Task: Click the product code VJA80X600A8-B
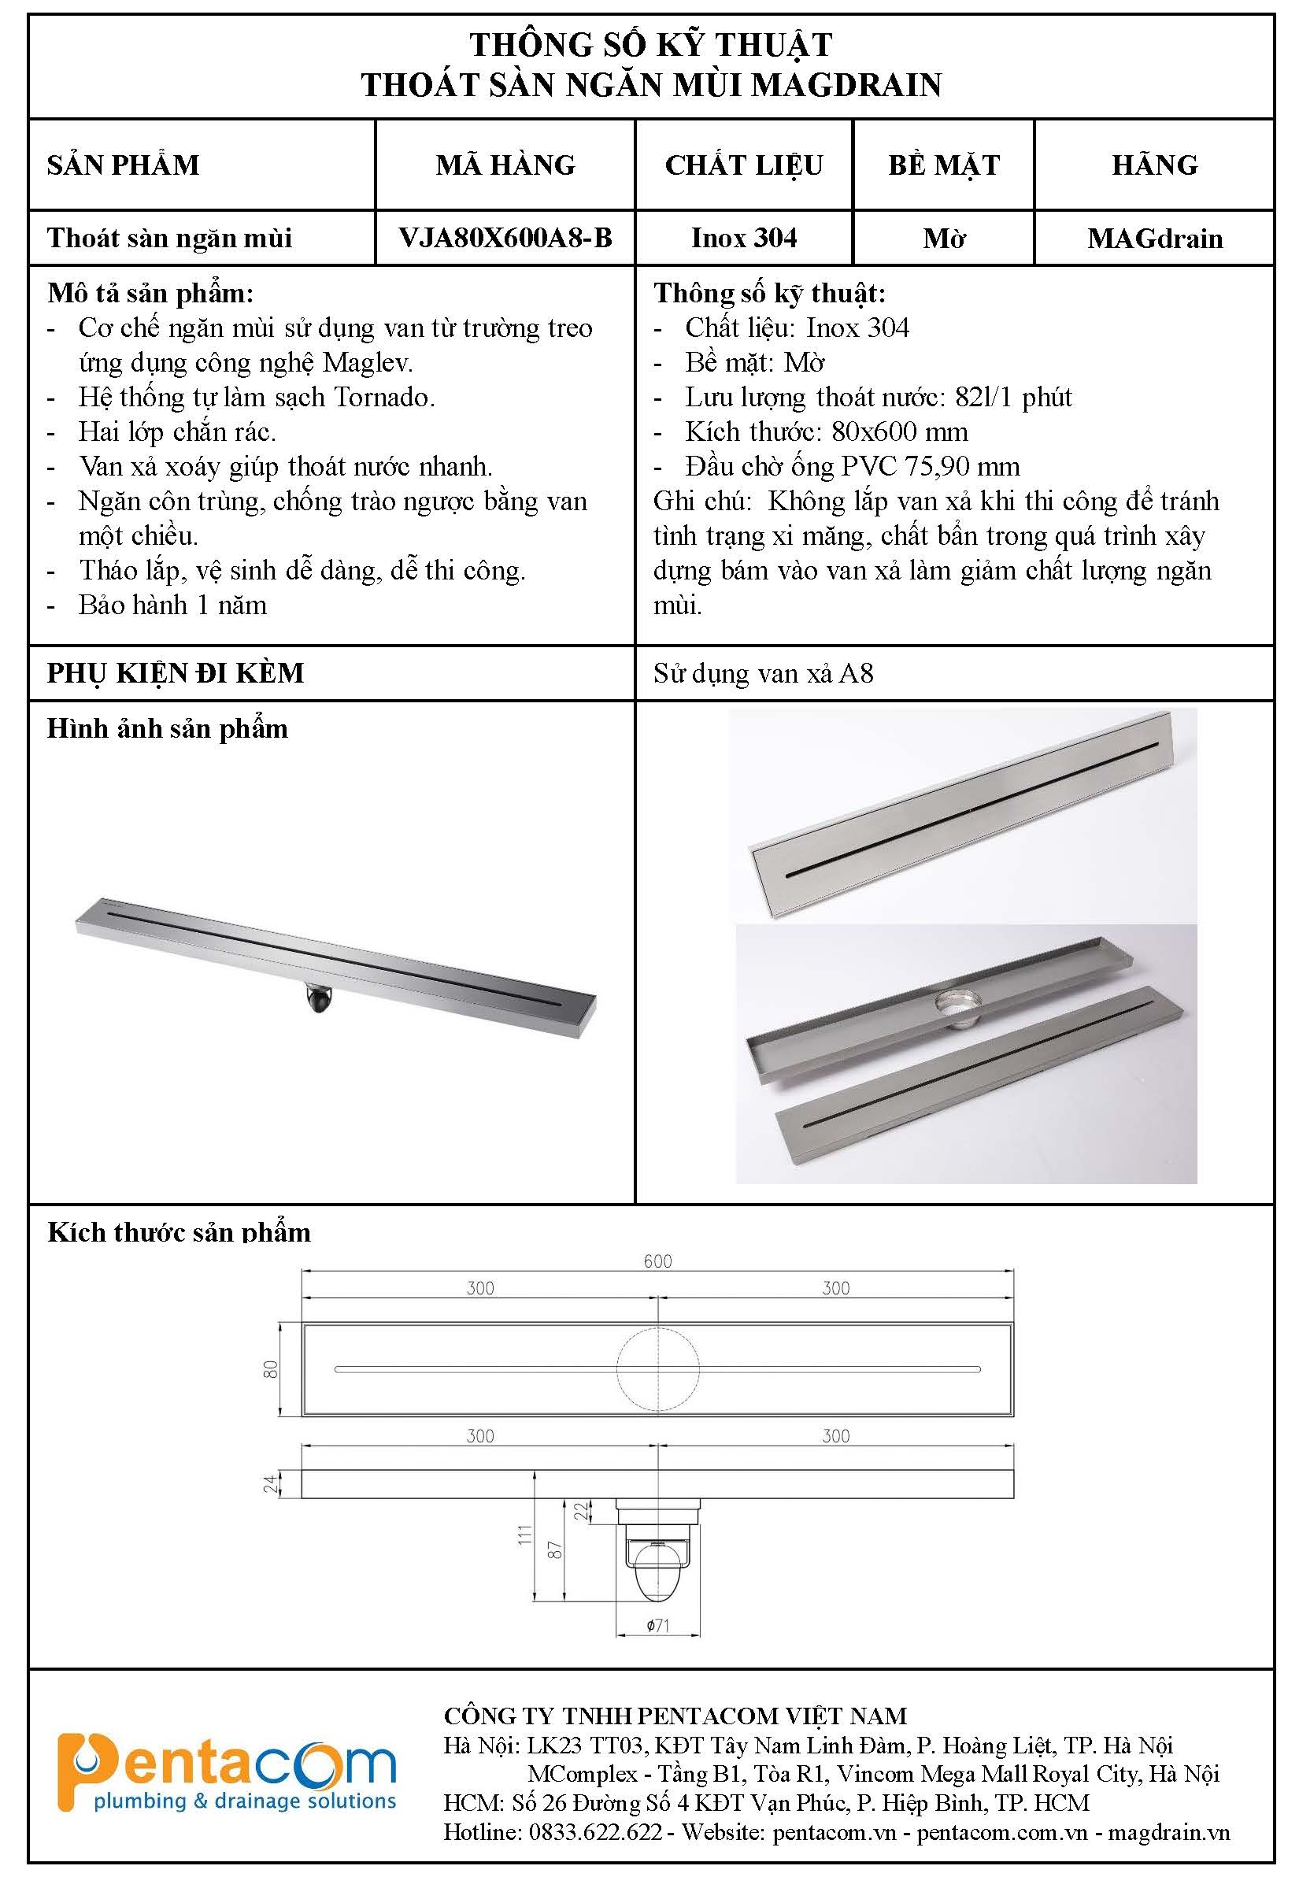coord(505,238)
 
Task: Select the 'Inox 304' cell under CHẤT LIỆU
coord(743,238)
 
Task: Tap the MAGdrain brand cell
coord(1154,239)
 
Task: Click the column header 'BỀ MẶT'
coord(943,165)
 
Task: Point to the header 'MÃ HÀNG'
coord(505,165)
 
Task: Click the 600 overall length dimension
coord(657,1261)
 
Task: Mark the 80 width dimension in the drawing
coord(272,1369)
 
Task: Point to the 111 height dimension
coord(525,1535)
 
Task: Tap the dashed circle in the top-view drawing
coord(657,1369)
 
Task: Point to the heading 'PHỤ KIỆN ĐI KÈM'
coord(176,673)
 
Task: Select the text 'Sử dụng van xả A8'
coord(763,674)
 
